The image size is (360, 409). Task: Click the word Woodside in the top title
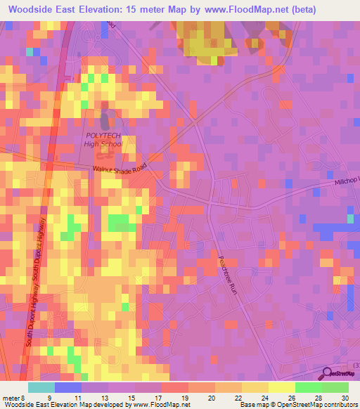34,9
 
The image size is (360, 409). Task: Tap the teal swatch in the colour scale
41,387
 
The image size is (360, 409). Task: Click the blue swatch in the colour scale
67,387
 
